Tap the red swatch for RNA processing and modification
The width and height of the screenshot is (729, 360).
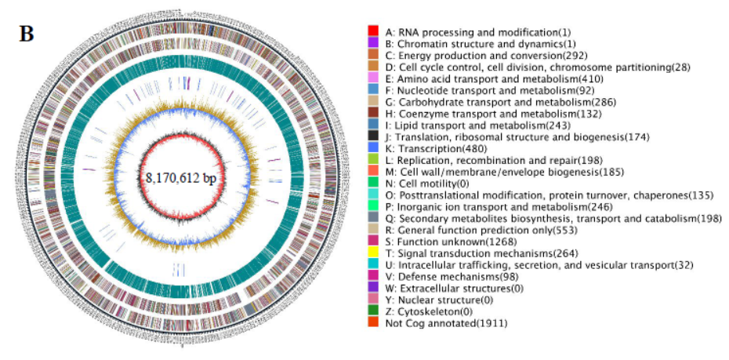click(x=374, y=31)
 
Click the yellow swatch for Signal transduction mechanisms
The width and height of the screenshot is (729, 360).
click(x=374, y=253)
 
